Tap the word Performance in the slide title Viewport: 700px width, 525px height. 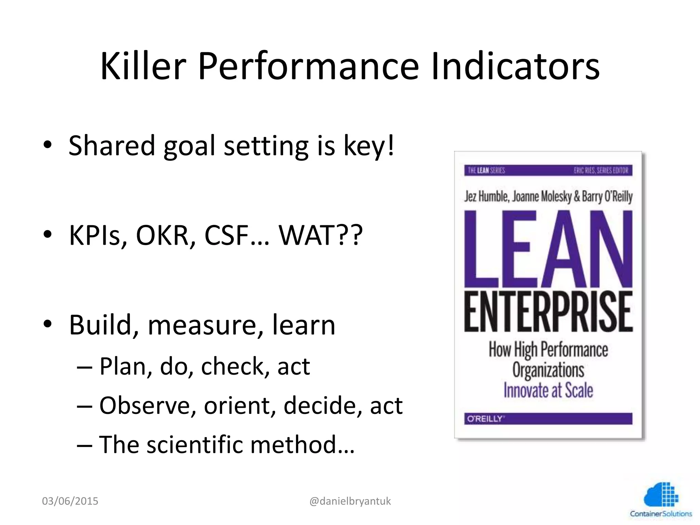click(x=308, y=67)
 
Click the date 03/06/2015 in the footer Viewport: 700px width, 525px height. click(x=70, y=501)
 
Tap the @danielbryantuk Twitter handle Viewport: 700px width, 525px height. click(x=350, y=501)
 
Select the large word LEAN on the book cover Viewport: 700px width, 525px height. click(x=548, y=250)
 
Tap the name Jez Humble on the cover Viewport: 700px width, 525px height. click(x=486, y=197)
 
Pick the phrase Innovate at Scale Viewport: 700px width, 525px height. click(x=548, y=390)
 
